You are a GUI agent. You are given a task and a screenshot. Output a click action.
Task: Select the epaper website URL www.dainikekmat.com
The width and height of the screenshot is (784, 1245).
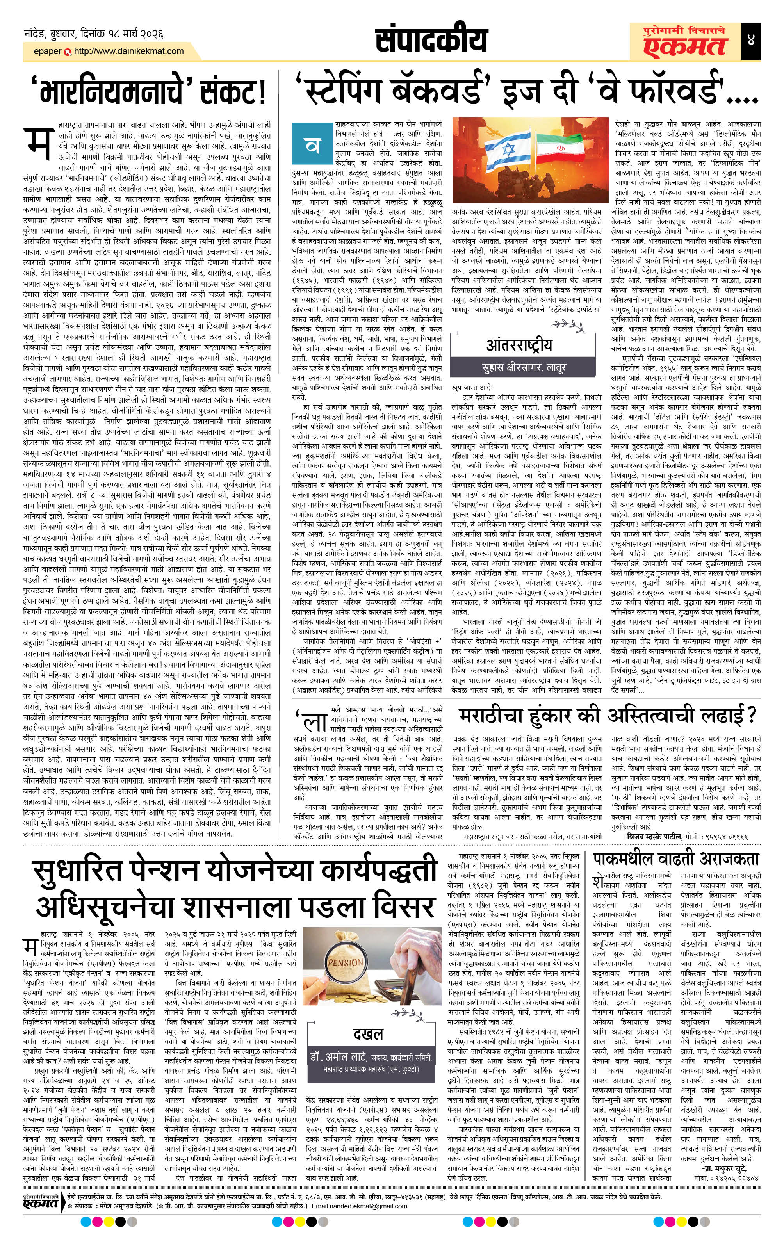click(129, 51)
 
